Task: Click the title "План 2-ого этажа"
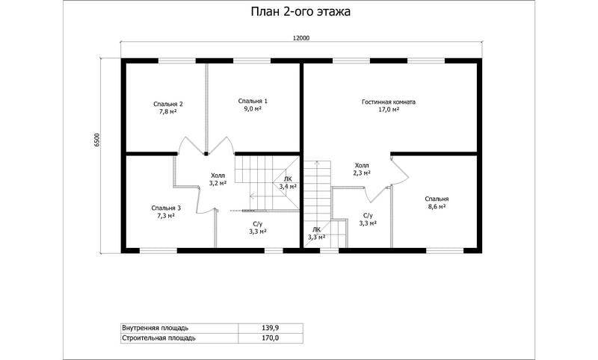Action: [300, 12]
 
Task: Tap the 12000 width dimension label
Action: [301, 38]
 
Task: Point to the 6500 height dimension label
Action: [97, 140]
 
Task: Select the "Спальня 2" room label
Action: [167, 104]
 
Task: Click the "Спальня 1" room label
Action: [253, 101]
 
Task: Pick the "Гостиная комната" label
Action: [389, 102]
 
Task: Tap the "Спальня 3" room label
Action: [166, 208]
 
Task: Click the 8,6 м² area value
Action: [437, 206]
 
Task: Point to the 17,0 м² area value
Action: [389, 110]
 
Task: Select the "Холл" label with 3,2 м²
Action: [218, 176]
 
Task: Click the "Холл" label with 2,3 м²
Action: [362, 166]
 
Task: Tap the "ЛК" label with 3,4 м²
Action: [288, 179]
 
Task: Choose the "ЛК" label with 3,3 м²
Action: [316, 229]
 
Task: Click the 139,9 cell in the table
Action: [271, 328]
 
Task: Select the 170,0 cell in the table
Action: [271, 338]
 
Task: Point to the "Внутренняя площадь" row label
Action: [155, 328]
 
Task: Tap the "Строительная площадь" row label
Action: [158, 338]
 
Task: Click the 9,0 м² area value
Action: [253, 108]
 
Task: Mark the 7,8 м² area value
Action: [167, 111]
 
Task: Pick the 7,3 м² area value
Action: [166, 216]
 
